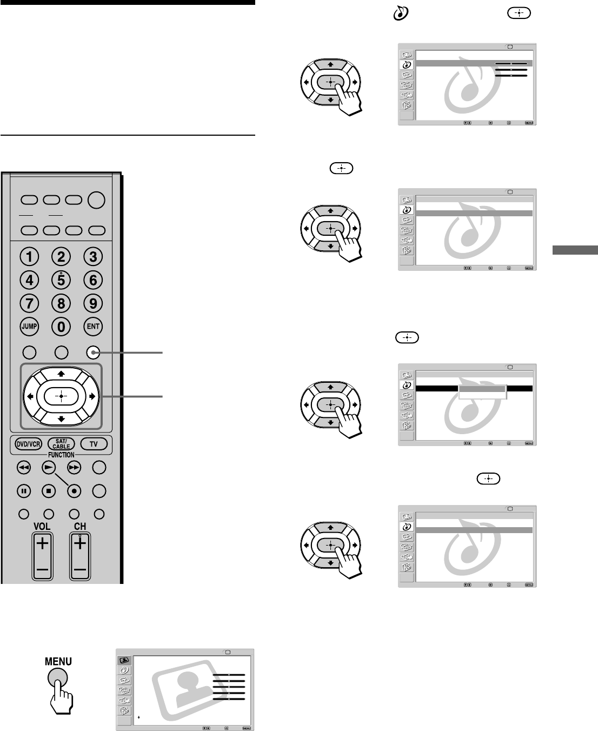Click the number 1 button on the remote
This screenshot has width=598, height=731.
tap(30, 257)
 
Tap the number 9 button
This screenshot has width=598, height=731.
tap(93, 303)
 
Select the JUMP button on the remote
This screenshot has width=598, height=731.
tap(30, 327)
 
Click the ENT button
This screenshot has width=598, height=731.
tap(93, 327)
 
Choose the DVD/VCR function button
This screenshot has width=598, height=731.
tap(28, 444)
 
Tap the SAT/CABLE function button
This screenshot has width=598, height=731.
tap(61, 444)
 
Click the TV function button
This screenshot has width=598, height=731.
tap(94, 444)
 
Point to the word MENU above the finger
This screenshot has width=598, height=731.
tap(58, 661)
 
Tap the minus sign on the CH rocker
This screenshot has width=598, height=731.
tap(79, 570)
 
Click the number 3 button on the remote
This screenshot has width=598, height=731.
tap(93, 257)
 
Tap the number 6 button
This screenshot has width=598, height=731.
tap(93, 280)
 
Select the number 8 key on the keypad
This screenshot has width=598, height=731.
tap(62, 303)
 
